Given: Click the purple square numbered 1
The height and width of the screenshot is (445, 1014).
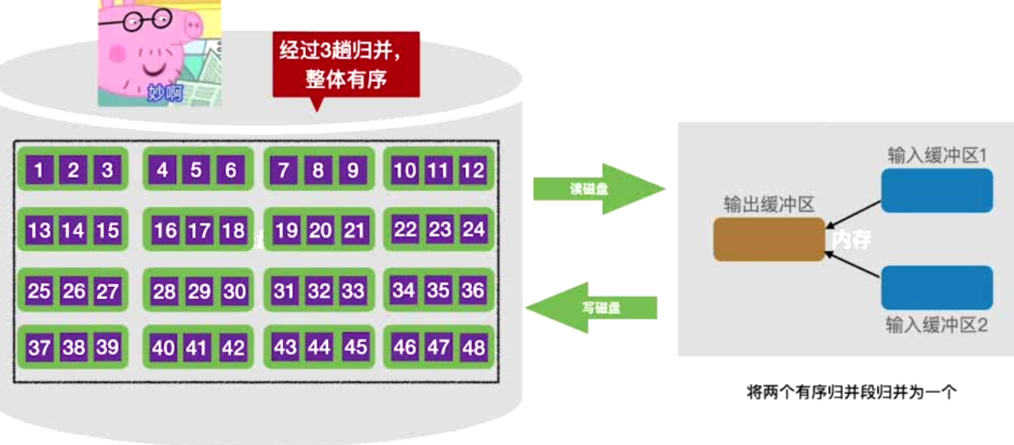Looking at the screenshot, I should pos(40,170).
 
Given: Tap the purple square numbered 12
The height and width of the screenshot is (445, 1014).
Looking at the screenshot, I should pos(474,170).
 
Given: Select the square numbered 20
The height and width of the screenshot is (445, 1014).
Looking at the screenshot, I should pos(320,231).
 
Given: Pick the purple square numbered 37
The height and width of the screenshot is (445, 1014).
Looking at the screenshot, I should pos(40,349).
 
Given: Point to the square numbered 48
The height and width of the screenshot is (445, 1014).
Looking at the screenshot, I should pos(474,349).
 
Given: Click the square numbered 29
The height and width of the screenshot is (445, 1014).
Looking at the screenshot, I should pos(198,292).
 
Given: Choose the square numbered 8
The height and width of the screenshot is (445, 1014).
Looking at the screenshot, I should pos(318,170).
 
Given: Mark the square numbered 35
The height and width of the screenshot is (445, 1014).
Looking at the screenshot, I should pos(438,290).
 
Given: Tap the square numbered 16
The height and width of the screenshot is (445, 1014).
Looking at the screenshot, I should pos(165,231).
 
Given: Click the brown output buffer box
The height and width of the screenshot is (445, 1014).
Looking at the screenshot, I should pos(768,240).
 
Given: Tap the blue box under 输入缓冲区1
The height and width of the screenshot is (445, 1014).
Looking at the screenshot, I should pos(937,190).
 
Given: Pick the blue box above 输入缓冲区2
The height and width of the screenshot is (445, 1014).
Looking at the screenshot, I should pos(937,287).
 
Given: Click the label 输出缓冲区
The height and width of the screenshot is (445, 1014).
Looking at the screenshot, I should pos(768,205).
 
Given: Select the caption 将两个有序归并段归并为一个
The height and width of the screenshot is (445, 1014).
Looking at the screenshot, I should pos(851,392).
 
